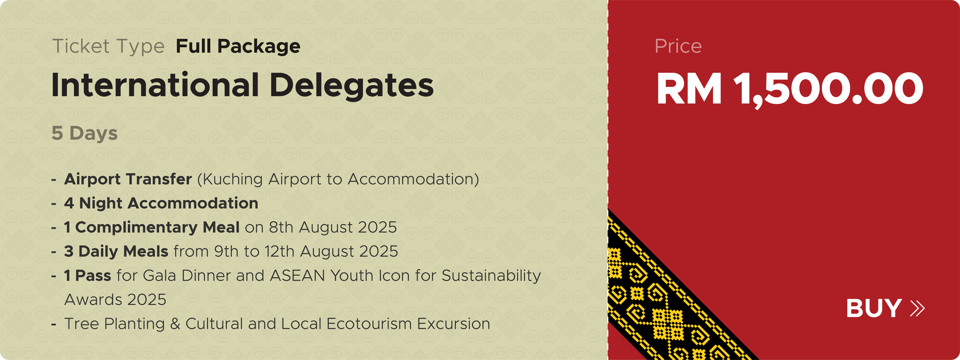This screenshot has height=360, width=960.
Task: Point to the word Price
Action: tap(678, 46)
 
